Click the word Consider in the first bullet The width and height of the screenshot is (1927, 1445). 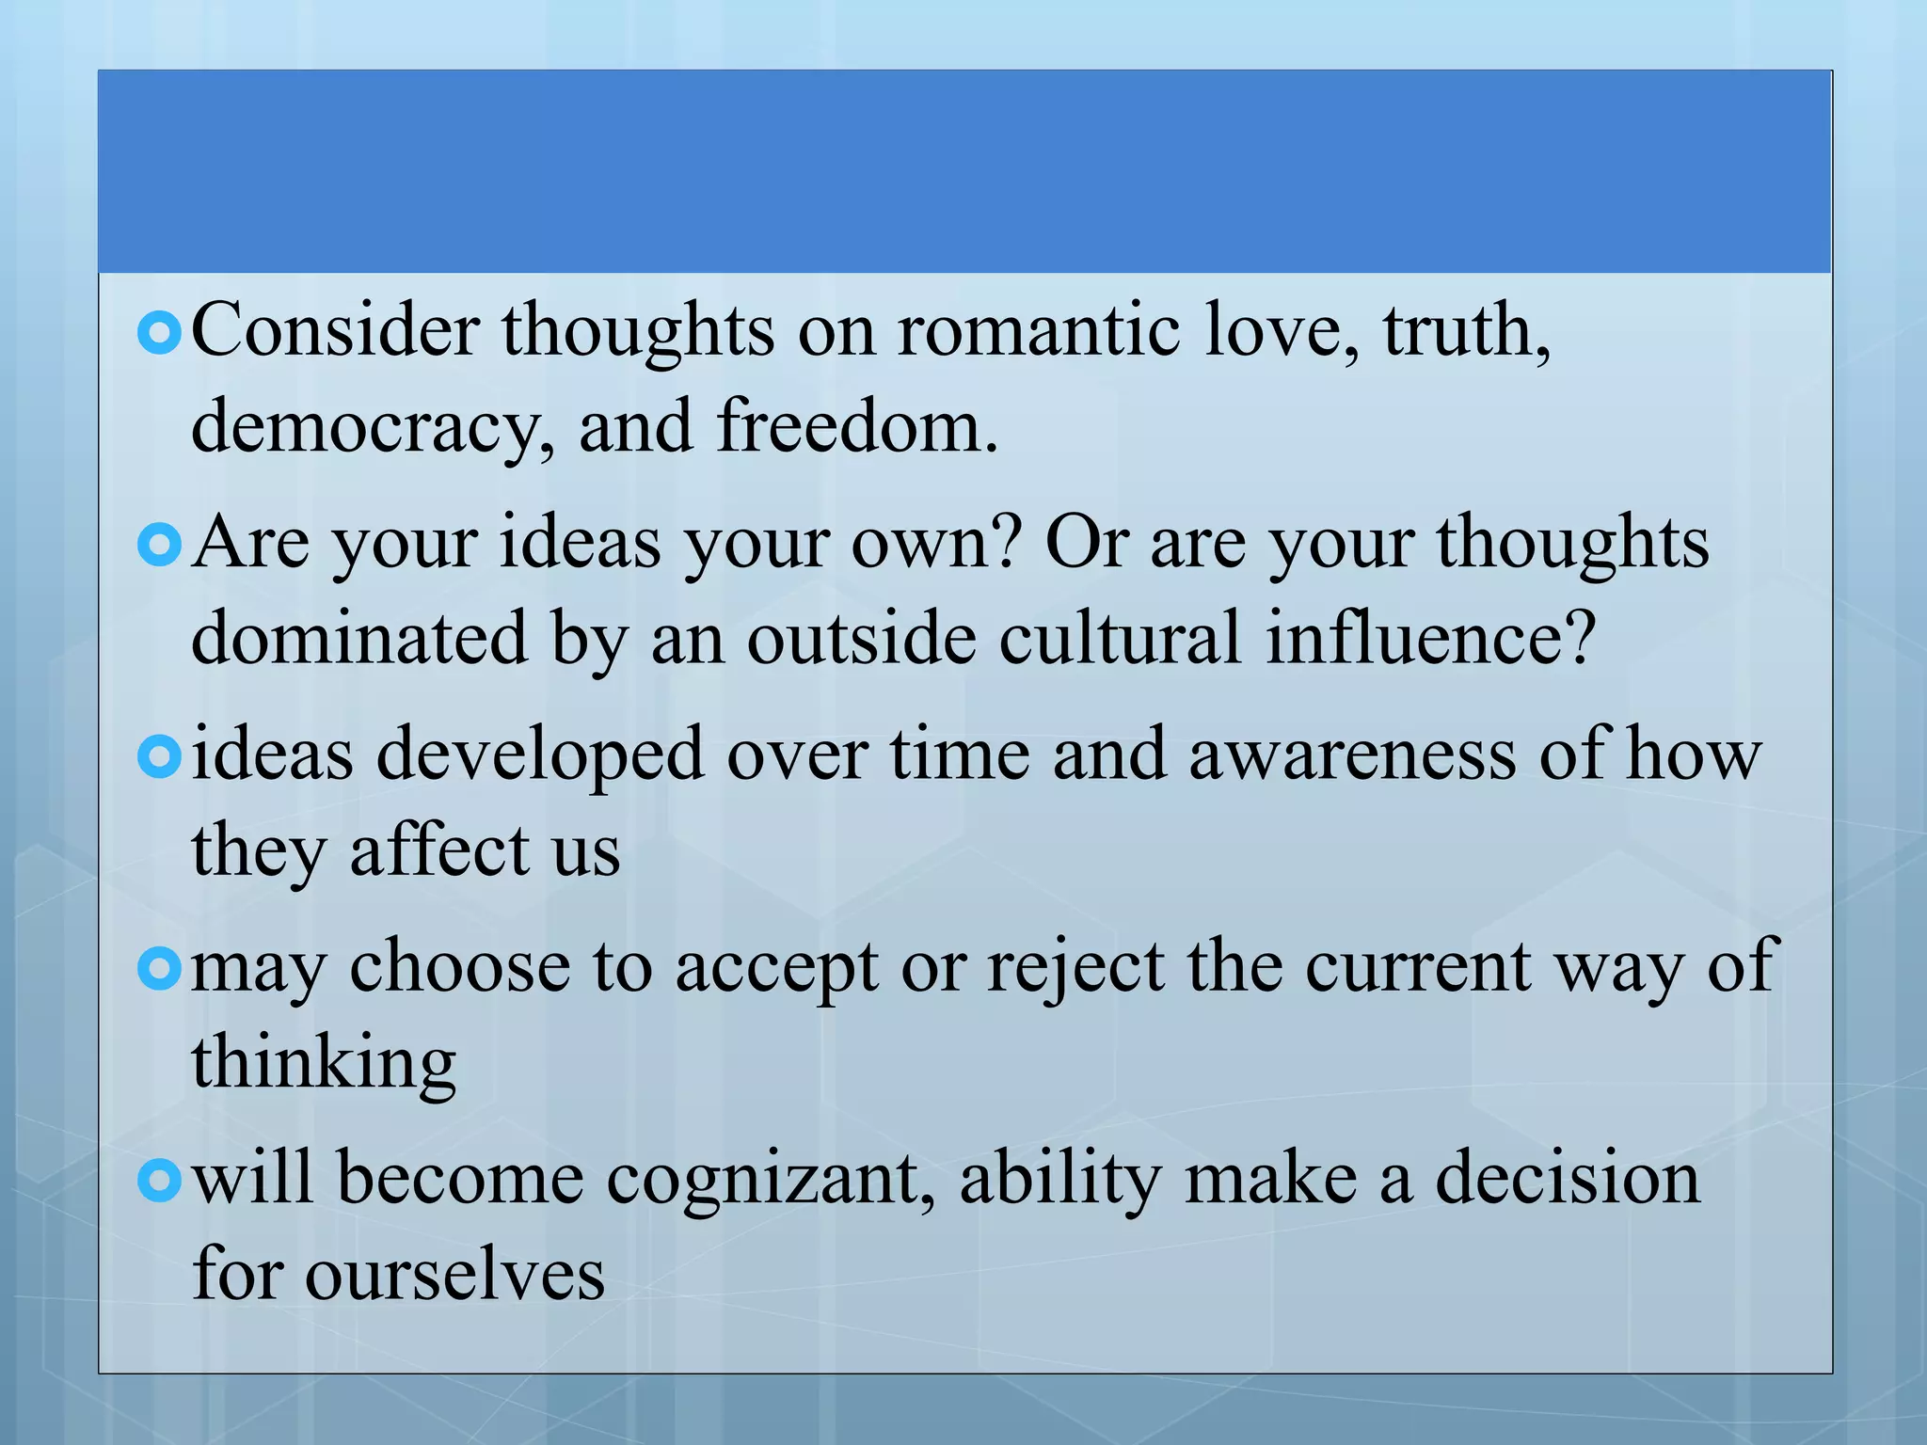pos(335,330)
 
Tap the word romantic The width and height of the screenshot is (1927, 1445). pos(1039,330)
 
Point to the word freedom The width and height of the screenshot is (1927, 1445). pos(855,426)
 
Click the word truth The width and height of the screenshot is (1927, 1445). pos(1464,330)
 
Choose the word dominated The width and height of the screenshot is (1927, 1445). pos(359,638)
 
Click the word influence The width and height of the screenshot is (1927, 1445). pos(1429,638)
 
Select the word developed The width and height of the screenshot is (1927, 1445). pos(540,755)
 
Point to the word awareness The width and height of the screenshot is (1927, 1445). pos(1352,755)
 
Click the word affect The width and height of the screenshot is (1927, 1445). pos(439,851)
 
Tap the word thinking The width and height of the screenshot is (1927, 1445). pos(324,1064)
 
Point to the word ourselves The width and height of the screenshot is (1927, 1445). pos(454,1276)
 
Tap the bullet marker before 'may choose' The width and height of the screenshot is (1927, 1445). pos(158,969)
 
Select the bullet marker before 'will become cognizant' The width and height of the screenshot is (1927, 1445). pos(158,1181)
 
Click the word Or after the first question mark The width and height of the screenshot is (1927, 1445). pos(1086,544)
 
